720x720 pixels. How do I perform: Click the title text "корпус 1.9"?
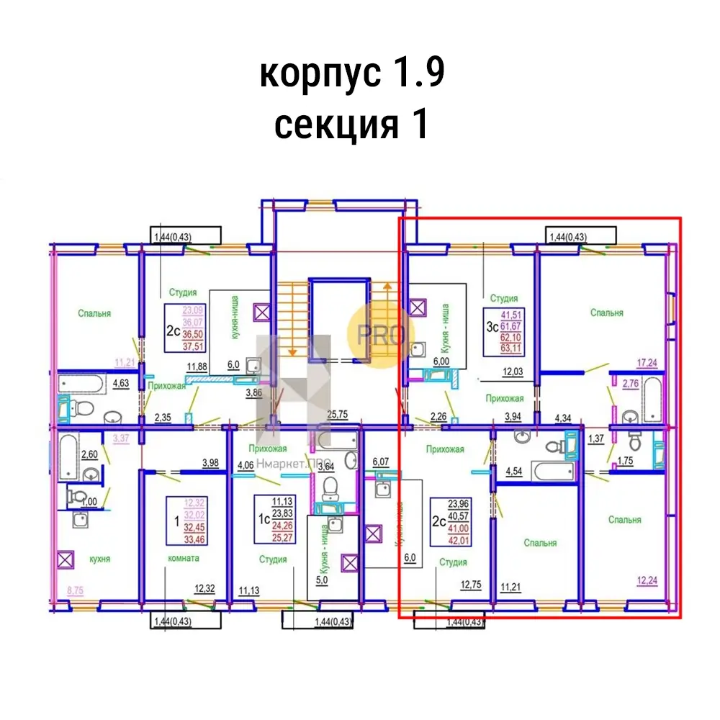[352, 74]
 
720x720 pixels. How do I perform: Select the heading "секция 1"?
[352, 125]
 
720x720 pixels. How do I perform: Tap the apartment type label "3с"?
[492, 326]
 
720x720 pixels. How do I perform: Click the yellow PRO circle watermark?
[377, 333]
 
